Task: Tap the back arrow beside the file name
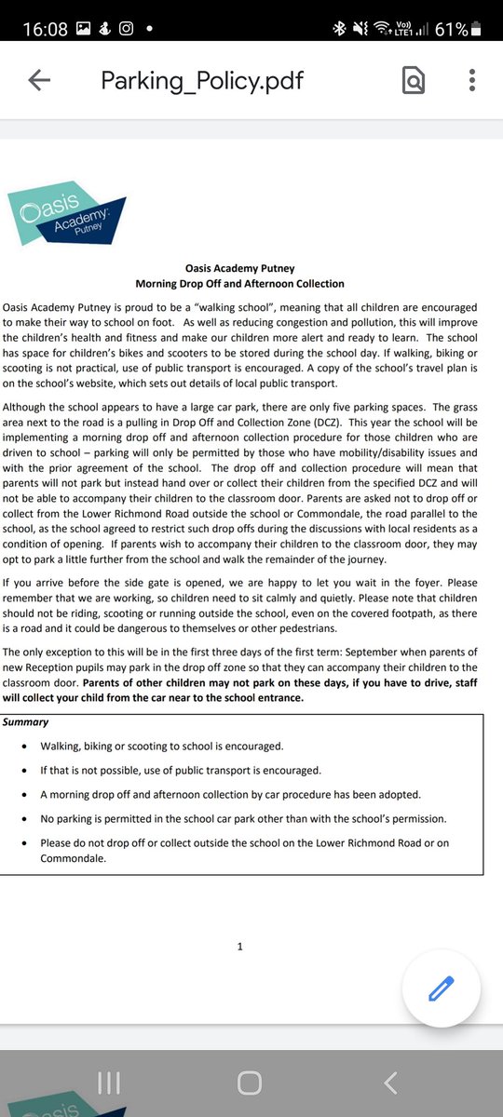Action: coord(39,81)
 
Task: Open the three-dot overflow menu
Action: coord(473,82)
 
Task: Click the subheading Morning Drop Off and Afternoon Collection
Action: coord(239,284)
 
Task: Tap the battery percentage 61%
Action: coord(450,29)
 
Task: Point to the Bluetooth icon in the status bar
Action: coord(338,29)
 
